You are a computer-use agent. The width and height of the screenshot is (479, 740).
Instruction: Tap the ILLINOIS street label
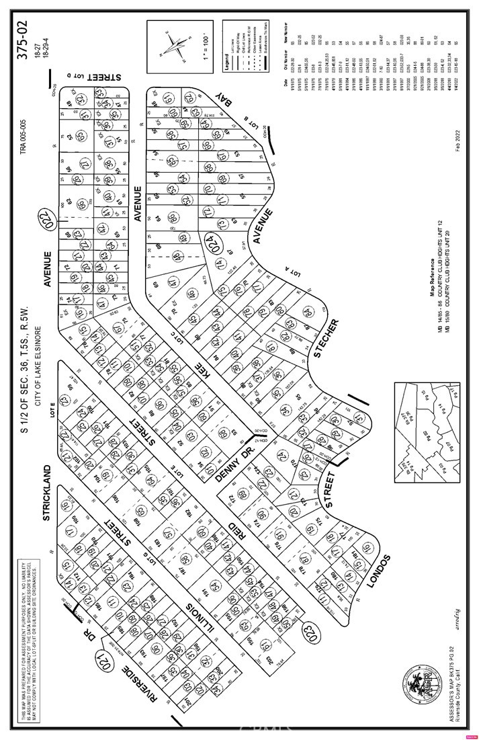click(195, 620)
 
